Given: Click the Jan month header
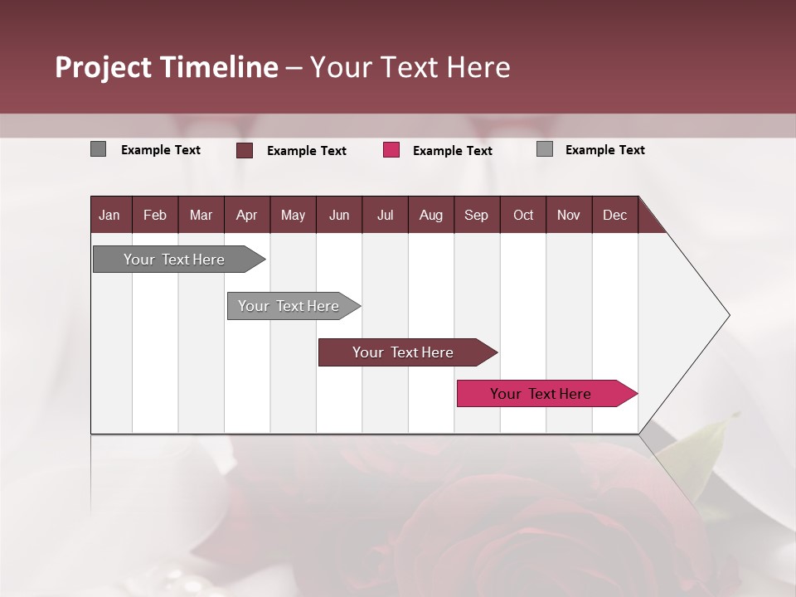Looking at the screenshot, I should point(109,216).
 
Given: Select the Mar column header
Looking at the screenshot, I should point(201,216).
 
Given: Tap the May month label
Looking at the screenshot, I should point(293,216).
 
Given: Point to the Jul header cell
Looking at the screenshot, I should point(385,216).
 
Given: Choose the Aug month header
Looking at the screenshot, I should point(430,216).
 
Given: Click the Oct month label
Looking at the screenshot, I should point(523,216).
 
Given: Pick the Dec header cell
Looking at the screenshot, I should point(614,216).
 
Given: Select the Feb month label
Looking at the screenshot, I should point(155,216).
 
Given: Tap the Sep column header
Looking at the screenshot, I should point(476,216).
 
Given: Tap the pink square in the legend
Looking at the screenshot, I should point(391,150).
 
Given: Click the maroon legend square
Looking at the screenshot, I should point(245,150).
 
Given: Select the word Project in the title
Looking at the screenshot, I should point(104,67).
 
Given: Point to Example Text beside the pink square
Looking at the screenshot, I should point(452,151).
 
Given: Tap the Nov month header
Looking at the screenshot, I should point(569,216).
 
